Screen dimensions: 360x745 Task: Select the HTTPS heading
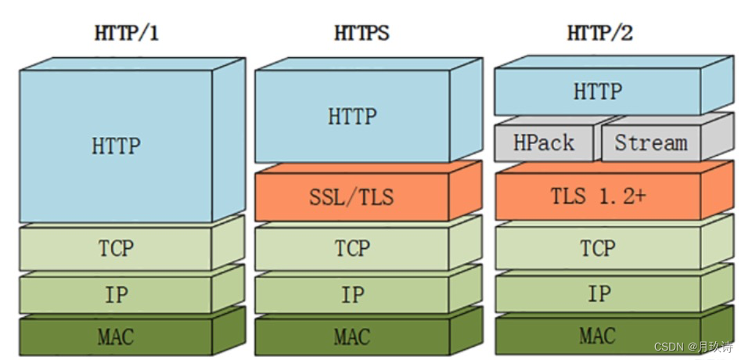pyautogui.click(x=362, y=34)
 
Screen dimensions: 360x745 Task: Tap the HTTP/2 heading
pyautogui.click(x=599, y=34)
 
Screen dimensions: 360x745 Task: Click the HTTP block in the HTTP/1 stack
pyautogui.click(x=116, y=146)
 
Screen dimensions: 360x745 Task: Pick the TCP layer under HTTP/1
pyautogui.click(x=116, y=248)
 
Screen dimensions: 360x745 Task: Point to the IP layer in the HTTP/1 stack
pyautogui.click(x=116, y=295)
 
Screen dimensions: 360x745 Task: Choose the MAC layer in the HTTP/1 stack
pyautogui.click(x=116, y=337)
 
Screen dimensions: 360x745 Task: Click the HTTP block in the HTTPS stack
pyautogui.click(x=352, y=117)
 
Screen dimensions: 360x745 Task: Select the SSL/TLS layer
pyautogui.click(x=352, y=196)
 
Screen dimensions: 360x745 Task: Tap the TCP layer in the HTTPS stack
pyautogui.click(x=352, y=248)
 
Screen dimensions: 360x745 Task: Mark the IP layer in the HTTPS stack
pyautogui.click(x=352, y=295)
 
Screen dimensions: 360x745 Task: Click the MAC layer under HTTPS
pyautogui.click(x=352, y=337)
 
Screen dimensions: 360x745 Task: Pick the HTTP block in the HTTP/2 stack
pyautogui.click(x=598, y=91)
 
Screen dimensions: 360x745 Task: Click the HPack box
pyautogui.click(x=544, y=143)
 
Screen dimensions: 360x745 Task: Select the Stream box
pyautogui.click(x=650, y=143)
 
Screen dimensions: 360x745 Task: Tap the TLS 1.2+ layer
pyautogui.click(x=598, y=196)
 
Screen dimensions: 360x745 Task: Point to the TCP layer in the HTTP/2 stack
pyautogui.click(x=598, y=248)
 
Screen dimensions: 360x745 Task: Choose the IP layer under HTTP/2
pyautogui.click(x=598, y=295)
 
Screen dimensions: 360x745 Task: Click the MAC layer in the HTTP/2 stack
pyautogui.click(x=598, y=337)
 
